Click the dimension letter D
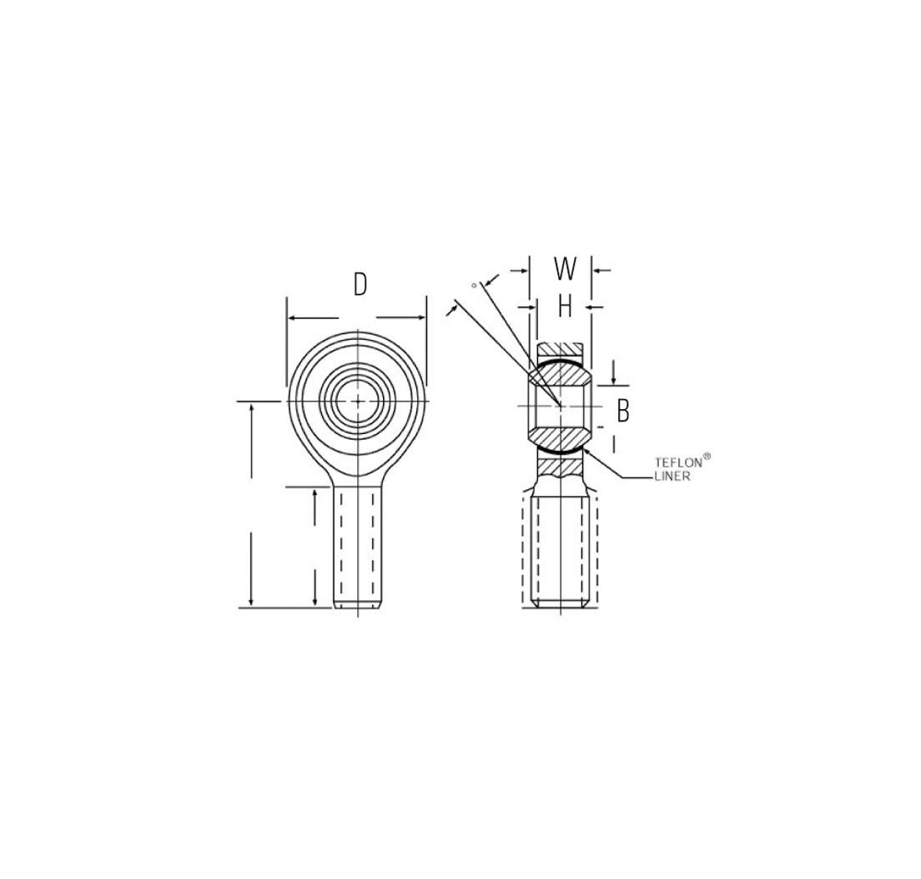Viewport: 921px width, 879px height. [x=360, y=285]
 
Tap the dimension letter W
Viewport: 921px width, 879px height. [x=565, y=269]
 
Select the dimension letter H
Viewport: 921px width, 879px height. [x=565, y=307]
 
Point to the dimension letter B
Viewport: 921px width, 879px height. [x=622, y=411]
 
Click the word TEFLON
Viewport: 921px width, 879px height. [x=678, y=462]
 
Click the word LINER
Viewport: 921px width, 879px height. [x=672, y=477]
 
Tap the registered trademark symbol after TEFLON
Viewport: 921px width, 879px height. [x=707, y=456]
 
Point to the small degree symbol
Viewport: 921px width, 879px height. [x=474, y=285]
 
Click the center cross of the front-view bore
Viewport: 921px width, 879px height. [x=358, y=402]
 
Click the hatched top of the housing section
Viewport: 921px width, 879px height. [x=560, y=348]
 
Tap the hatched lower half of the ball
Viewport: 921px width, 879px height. [x=560, y=437]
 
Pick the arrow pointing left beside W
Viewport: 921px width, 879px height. [x=597, y=270]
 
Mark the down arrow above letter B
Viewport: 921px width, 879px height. [x=614, y=380]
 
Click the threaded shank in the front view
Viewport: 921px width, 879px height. [x=359, y=547]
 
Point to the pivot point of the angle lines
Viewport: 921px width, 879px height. [x=560, y=406]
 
